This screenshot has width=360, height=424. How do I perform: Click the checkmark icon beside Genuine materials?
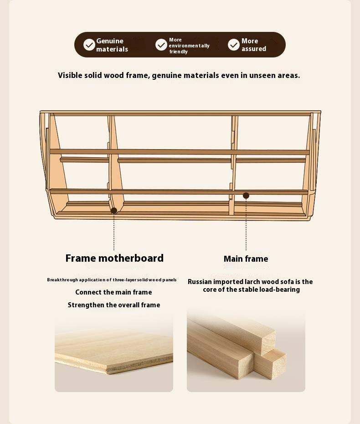point(89,45)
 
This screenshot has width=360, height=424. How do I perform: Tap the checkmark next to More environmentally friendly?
point(161,45)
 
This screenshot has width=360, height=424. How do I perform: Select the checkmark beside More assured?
point(233,45)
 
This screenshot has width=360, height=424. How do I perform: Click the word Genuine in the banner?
point(110,41)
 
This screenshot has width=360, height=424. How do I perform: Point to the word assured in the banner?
point(254,49)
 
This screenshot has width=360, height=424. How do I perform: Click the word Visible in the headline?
point(70,75)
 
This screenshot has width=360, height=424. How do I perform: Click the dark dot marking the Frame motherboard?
point(114,211)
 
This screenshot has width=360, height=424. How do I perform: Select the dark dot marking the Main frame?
point(246,196)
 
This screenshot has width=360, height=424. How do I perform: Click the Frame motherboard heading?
point(114,258)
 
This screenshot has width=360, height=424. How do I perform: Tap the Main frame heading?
point(246,259)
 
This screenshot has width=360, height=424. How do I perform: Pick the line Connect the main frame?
point(113,292)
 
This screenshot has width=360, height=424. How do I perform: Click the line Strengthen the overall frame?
point(114,305)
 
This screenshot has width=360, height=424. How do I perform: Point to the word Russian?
point(200,282)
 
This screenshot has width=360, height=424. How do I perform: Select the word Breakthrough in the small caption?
point(62,280)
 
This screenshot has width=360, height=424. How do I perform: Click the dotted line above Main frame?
point(246,224)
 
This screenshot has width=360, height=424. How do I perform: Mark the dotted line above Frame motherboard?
point(114,232)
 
